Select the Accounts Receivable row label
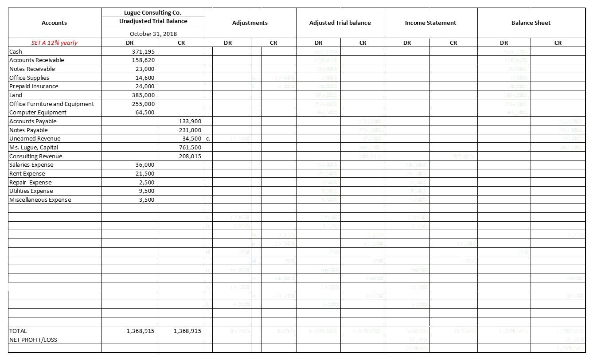click(36, 60)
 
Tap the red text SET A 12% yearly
click(54, 43)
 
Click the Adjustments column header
click(250, 23)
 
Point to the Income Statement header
click(430, 23)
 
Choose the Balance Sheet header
click(531, 23)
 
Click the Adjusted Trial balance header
click(340, 23)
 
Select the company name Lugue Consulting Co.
click(152, 12)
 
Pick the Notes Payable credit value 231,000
click(190, 130)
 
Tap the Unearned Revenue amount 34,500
click(191, 138)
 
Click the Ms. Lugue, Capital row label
click(34, 147)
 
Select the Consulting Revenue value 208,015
click(190, 156)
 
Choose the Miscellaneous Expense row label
click(40, 200)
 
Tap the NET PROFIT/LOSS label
click(33, 340)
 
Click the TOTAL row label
click(18, 331)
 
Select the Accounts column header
click(54, 23)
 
